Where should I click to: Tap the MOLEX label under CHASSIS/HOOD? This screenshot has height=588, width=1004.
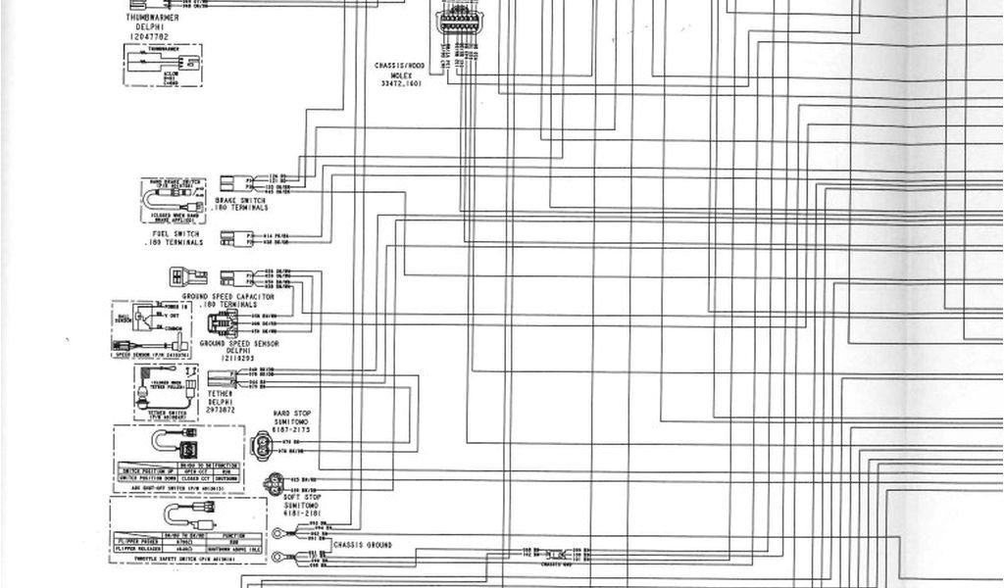tap(400, 75)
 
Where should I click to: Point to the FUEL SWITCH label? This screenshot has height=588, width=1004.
tap(176, 235)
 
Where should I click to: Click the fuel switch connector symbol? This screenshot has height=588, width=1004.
tap(232, 237)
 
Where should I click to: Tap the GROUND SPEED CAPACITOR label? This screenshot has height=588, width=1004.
tap(228, 296)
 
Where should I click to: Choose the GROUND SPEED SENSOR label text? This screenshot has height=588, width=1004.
tap(239, 344)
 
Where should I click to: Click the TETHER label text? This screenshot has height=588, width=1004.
tap(221, 394)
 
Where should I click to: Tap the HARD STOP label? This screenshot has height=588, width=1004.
tap(291, 414)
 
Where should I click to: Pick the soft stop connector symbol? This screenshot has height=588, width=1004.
tap(273, 482)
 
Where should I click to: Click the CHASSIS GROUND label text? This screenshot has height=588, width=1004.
tap(362, 545)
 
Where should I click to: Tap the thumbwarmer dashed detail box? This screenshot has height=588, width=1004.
tap(163, 65)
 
